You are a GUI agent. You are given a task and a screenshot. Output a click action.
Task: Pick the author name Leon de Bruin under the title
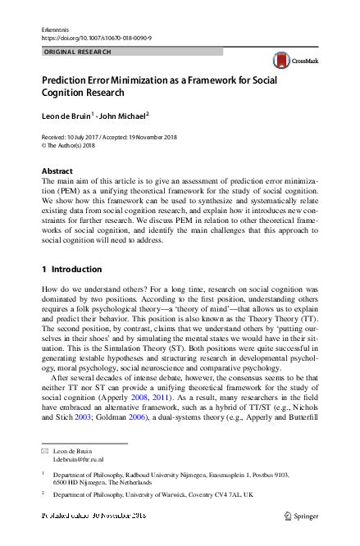coord(68,116)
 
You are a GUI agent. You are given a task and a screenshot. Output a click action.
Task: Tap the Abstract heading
coord(57,171)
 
